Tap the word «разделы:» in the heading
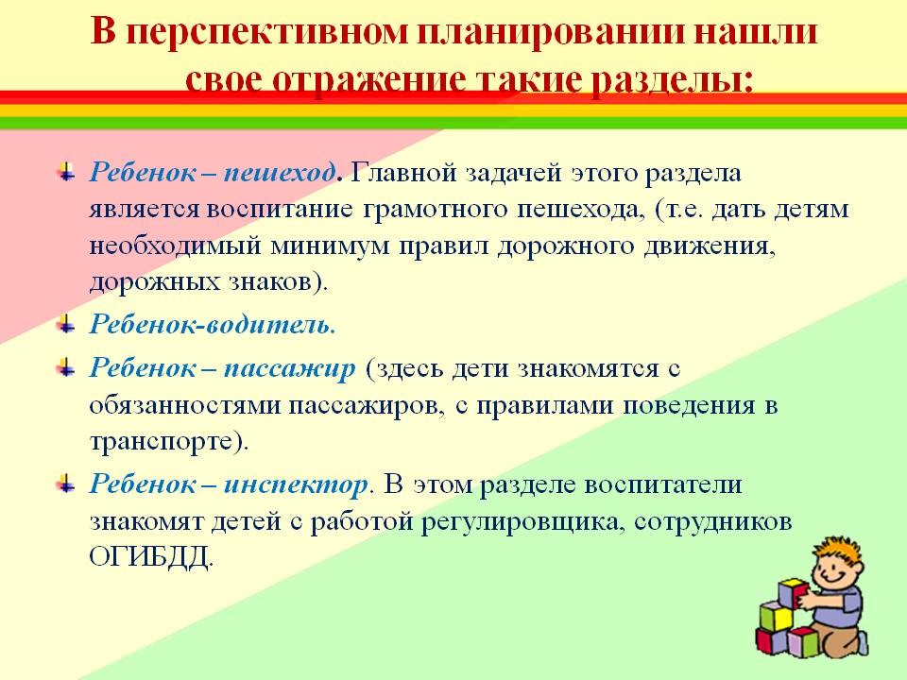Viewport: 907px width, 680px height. [x=671, y=79]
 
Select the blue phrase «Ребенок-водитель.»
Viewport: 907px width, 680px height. [x=213, y=325]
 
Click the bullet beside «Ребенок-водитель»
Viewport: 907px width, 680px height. [x=67, y=324]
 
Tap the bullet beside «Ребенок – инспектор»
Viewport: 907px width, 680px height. [x=67, y=483]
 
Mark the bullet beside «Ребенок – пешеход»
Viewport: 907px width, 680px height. [x=67, y=172]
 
